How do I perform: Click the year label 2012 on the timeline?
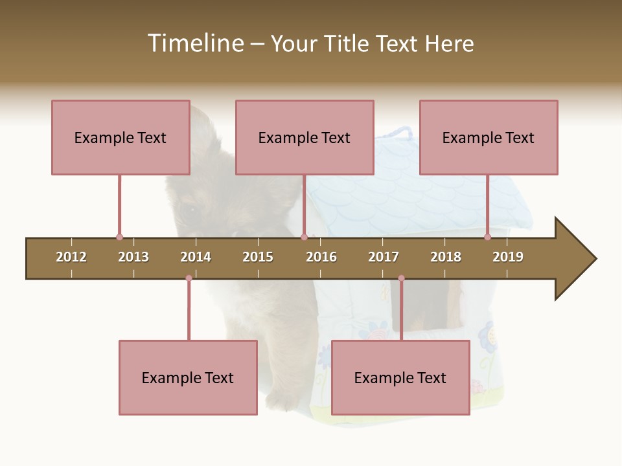71,257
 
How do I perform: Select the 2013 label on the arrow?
133,257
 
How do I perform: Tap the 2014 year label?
196,257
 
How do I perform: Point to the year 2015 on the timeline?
258,257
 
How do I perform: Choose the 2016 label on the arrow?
321,257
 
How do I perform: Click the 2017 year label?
384,257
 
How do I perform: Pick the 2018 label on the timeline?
446,257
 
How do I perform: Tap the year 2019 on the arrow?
508,257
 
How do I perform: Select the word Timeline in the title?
194,43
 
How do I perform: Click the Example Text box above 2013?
121,137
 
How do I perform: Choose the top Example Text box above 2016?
305,137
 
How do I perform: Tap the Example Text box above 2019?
489,137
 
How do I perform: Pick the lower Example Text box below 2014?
188,377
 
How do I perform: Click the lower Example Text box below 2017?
400,377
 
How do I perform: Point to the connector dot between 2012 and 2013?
119,237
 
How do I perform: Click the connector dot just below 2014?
189,278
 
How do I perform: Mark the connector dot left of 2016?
304,237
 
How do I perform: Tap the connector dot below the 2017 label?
401,278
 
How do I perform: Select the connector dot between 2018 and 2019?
487,237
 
